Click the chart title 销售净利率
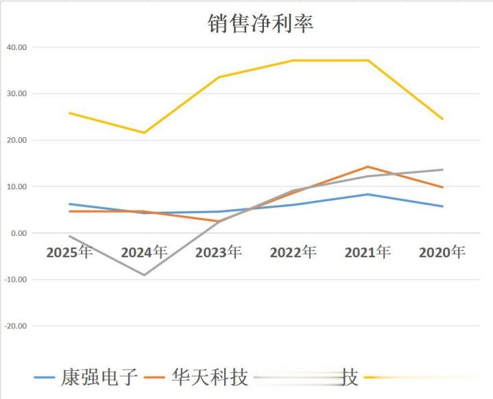click(261, 23)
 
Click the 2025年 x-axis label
click(69, 252)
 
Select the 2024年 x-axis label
click(144, 252)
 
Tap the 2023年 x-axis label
click(218, 252)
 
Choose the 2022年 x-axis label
click(293, 252)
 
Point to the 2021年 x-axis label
click(368, 252)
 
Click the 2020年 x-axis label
click(442, 252)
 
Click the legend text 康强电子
click(100, 377)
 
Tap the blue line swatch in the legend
click(45, 378)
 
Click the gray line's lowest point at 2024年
click(144, 275)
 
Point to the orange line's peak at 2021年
click(368, 167)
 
